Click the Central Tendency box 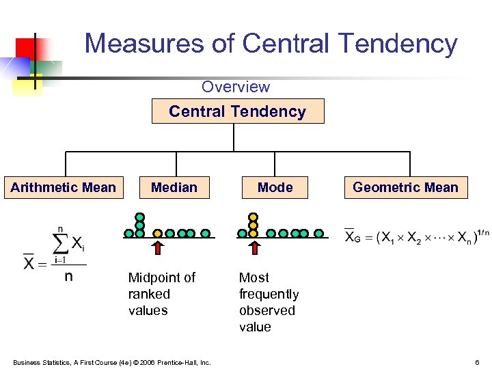237,111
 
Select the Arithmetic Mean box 64,187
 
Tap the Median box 174,187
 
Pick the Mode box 275,187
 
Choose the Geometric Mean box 405,187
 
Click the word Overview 236,87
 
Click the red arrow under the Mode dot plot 254,247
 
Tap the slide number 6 476,361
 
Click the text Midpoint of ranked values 161,294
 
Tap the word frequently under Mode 269,294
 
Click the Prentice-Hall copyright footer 111,361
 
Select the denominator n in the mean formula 69,276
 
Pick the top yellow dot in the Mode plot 254,217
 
